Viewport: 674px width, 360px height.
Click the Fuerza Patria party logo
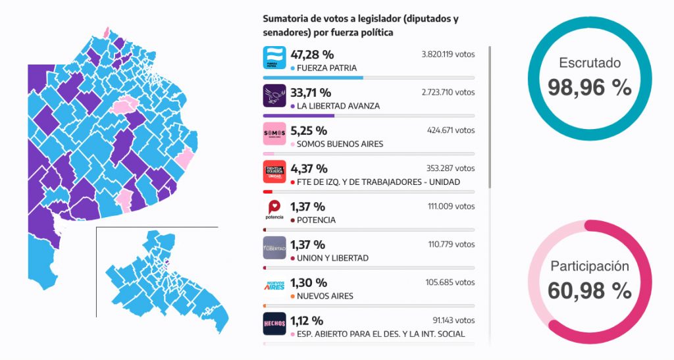pyautogui.click(x=274, y=57)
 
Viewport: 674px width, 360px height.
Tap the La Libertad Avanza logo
pyautogui.click(x=274, y=95)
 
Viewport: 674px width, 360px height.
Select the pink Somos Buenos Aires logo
pyautogui.click(x=274, y=134)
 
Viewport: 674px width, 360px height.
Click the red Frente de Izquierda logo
pyautogui.click(x=274, y=172)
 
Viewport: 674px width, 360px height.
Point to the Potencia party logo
pyautogui.click(x=274, y=210)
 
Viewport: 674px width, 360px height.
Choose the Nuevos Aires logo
pyautogui.click(x=274, y=286)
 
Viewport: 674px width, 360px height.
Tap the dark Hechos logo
pyautogui.click(x=274, y=324)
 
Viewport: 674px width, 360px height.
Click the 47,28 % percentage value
pyautogui.click(x=312, y=55)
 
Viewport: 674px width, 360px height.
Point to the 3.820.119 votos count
pyautogui.click(x=448, y=54)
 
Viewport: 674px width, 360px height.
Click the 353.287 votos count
pyautogui.click(x=451, y=168)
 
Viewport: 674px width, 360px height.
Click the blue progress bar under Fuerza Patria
pyautogui.click(x=313, y=78)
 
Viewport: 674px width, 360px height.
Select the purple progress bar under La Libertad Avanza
pyautogui.click(x=299, y=116)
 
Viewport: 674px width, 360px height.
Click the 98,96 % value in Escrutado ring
pyautogui.click(x=590, y=87)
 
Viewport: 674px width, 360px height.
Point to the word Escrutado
pyautogui.click(x=590, y=63)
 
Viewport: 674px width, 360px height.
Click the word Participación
pyautogui.click(x=590, y=266)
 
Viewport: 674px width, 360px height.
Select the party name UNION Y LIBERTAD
pyautogui.click(x=332, y=258)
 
